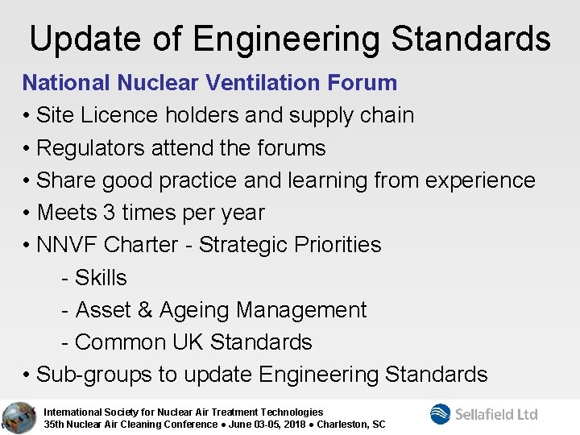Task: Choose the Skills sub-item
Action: point(101,278)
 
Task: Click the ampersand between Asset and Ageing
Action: point(144,310)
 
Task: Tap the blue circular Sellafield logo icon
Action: point(441,414)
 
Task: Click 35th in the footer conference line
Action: point(55,425)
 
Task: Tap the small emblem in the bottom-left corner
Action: point(16,416)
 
